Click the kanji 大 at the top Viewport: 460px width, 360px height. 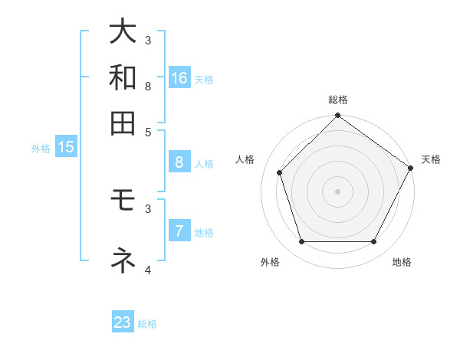pyautogui.click(x=123, y=32)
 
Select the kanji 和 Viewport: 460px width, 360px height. pyautogui.click(x=123, y=77)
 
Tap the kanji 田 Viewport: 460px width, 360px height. pyautogui.click(x=123, y=123)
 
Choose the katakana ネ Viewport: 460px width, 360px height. pyautogui.click(x=123, y=260)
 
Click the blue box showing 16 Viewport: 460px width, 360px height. pyautogui.click(x=179, y=78)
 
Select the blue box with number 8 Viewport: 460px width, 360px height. pyautogui.click(x=179, y=162)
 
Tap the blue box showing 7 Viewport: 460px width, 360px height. pyautogui.click(x=179, y=231)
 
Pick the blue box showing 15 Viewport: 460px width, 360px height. pyautogui.click(x=66, y=148)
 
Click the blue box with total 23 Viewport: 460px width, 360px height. pyautogui.click(x=123, y=322)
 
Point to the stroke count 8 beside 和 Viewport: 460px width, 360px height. pyautogui.click(x=147, y=86)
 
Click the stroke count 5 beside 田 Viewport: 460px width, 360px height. pyautogui.click(x=147, y=131)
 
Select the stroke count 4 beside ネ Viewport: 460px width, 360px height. pyautogui.click(x=147, y=270)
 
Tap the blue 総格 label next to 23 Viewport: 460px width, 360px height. pyautogui.click(x=147, y=324)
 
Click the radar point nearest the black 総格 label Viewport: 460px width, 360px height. pyautogui.click(x=337, y=116)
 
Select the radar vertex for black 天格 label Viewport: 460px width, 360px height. pyautogui.click(x=411, y=168)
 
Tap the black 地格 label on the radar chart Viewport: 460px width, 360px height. pyautogui.click(x=402, y=262)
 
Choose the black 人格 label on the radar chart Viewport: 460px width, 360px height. pyautogui.click(x=245, y=159)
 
